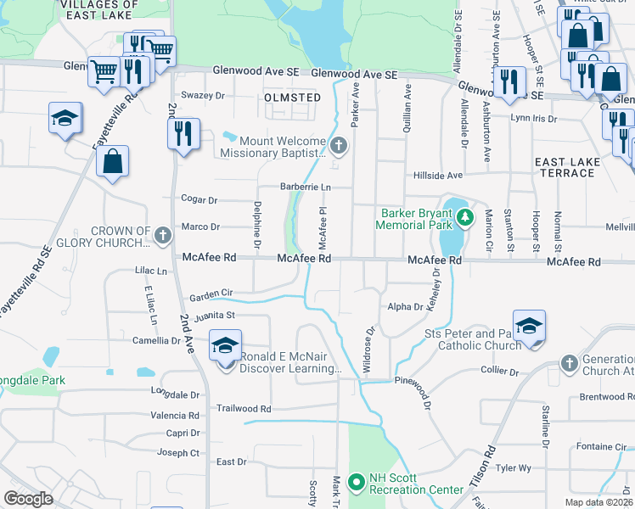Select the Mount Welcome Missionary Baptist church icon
338,146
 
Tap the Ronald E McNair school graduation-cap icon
226,346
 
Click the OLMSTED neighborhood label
293,98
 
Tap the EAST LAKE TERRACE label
565,166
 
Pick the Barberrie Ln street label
306,187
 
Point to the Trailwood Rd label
244,408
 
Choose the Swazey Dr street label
203,96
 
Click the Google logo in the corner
28,499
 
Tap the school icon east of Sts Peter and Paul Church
529,327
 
